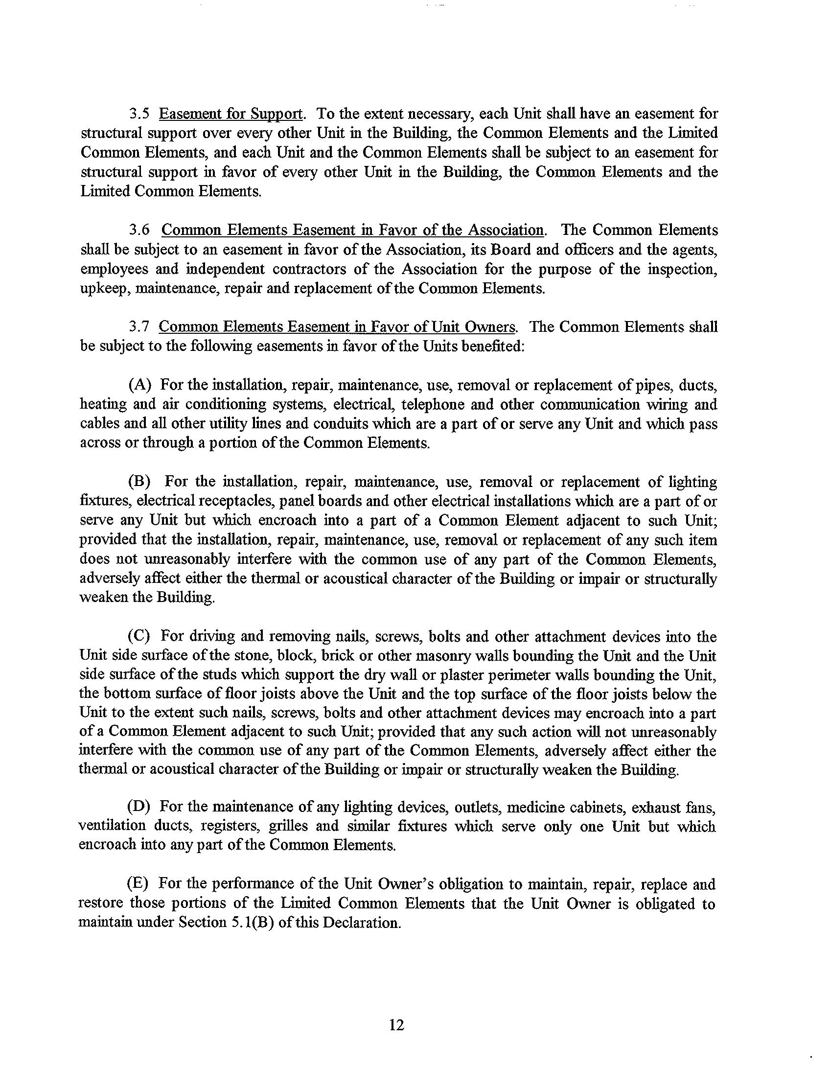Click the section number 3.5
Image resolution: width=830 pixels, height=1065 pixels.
pos(139,114)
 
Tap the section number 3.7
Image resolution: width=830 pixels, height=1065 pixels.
pos(139,326)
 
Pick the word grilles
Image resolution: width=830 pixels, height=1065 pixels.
pos(288,826)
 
